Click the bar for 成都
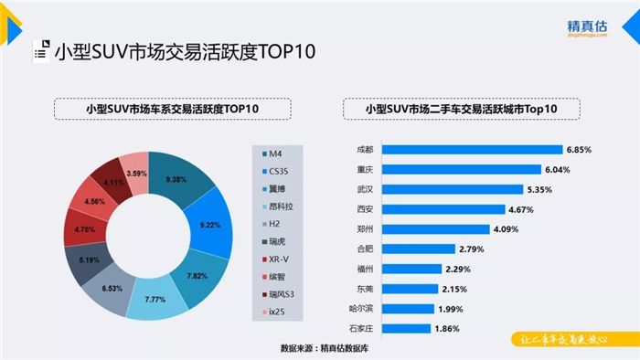(472, 149)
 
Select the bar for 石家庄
(407, 327)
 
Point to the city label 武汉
(365, 188)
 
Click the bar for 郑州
(435, 228)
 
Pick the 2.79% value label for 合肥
(472, 248)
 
